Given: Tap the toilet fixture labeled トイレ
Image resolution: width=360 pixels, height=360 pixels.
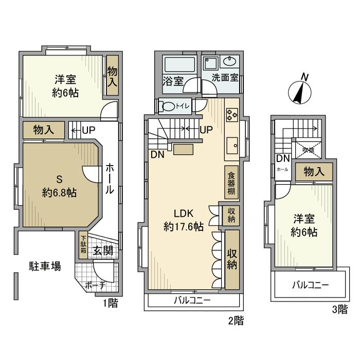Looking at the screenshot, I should click(x=168, y=106).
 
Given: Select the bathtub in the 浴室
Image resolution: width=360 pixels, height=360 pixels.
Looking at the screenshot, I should click(x=178, y=65).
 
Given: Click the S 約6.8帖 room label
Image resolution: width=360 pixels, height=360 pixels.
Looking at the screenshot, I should click(x=59, y=186).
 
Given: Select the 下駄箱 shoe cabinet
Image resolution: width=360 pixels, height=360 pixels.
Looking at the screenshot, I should click(x=83, y=246).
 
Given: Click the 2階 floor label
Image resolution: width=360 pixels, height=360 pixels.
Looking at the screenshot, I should click(x=236, y=321).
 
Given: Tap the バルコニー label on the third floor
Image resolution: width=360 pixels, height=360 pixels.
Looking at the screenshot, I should click(x=311, y=284).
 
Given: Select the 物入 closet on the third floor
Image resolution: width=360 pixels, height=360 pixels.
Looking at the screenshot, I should click(x=314, y=172).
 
